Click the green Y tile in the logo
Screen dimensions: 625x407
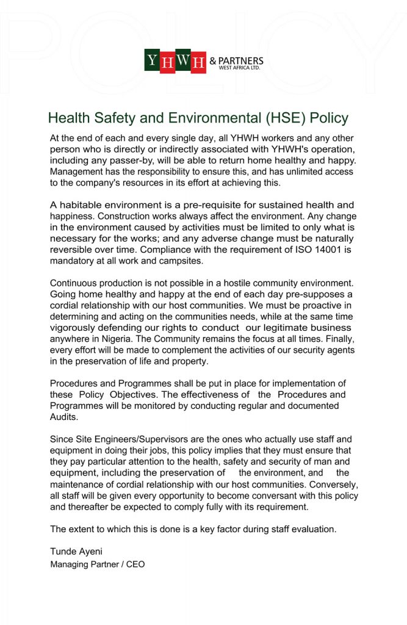152,60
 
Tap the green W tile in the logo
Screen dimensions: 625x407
182,60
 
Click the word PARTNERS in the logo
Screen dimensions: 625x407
240,61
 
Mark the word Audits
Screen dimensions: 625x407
64,416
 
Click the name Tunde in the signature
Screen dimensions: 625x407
63,552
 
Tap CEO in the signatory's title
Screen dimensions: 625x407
135,565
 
